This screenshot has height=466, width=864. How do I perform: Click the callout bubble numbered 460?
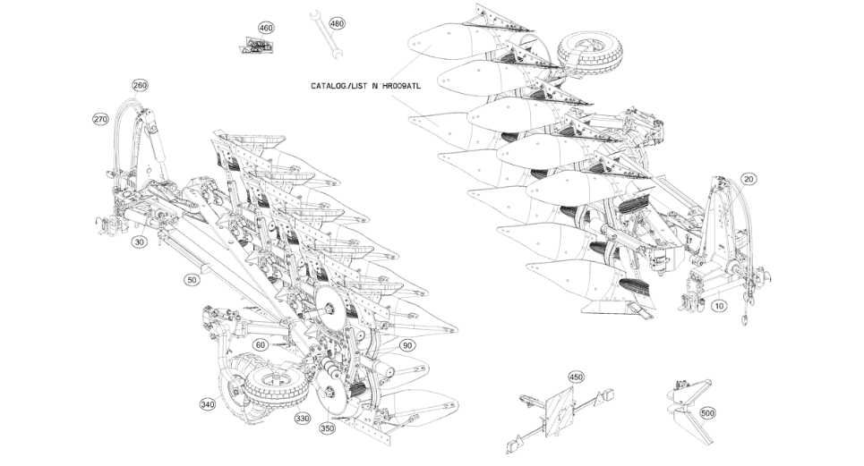point(266,28)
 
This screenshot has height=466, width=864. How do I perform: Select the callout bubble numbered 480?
point(337,23)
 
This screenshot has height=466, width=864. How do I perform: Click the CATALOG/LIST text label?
point(364,86)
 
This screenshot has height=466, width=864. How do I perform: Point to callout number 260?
point(140,86)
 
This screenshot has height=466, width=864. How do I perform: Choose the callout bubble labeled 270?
point(100,119)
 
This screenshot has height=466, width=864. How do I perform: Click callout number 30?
point(139,241)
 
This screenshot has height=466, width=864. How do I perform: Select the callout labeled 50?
point(192,280)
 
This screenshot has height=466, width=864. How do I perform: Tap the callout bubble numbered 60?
point(261,344)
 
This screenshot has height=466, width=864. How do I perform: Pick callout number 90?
point(406,346)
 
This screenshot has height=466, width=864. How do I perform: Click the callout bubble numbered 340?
point(208,405)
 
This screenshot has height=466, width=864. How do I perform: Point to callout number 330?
point(302,418)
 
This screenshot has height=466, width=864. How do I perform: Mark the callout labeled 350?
point(327,429)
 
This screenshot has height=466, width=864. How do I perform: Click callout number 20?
point(749,179)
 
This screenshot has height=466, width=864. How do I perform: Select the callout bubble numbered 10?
point(719,306)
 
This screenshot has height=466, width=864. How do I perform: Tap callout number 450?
point(576,377)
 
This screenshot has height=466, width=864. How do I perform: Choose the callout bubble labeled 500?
point(707,413)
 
